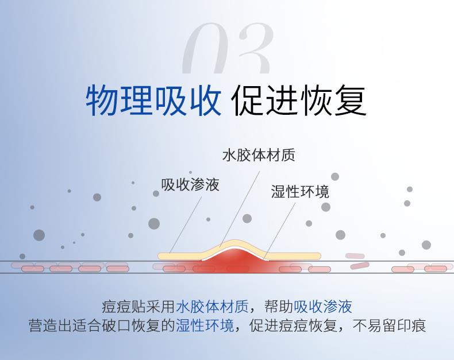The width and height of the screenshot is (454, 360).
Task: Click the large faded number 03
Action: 228,48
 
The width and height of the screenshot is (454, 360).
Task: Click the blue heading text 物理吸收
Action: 153,100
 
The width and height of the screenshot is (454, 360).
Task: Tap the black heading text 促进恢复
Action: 299,100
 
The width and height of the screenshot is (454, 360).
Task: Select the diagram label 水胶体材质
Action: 259,156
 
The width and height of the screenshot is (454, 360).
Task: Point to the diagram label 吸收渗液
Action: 190,184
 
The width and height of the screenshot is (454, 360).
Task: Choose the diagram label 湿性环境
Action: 300,192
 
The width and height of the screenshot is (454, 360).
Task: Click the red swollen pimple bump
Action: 236,258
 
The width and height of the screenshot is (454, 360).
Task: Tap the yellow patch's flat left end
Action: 161,256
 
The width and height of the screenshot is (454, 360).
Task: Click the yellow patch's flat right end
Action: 318,256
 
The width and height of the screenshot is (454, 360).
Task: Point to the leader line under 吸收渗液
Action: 185,225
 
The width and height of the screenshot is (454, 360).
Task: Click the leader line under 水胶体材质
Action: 240,208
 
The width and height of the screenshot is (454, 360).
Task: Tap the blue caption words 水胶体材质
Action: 213,307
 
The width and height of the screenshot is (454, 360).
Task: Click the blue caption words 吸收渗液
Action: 323,307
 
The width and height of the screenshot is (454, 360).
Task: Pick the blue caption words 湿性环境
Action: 205,326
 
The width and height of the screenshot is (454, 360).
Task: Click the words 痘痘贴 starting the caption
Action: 124,307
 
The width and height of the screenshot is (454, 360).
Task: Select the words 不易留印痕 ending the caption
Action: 390,326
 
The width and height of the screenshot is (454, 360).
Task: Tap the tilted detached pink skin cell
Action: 360,265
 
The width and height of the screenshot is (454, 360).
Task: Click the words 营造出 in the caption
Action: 51,326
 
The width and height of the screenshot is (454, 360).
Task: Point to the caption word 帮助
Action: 279,307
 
